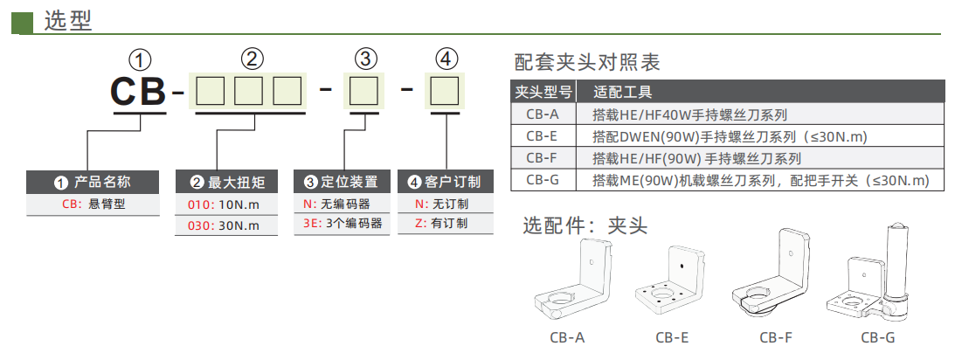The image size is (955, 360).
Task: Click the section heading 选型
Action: point(67,20)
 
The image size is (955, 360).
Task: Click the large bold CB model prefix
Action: point(138,91)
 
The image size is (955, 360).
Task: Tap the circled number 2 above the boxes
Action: point(252,59)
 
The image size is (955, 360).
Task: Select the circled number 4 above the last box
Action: point(446,59)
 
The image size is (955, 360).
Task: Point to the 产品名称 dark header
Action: point(93,183)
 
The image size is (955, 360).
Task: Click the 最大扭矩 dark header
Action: point(227,183)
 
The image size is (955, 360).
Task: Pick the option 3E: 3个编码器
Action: point(342,224)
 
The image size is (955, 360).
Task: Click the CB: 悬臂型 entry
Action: point(93,204)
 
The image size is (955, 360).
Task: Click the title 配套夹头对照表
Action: point(587,62)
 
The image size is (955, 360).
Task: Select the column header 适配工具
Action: point(622,92)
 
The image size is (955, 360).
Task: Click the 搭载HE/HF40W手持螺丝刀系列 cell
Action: point(689,114)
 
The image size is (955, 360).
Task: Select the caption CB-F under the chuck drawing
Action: point(775,337)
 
